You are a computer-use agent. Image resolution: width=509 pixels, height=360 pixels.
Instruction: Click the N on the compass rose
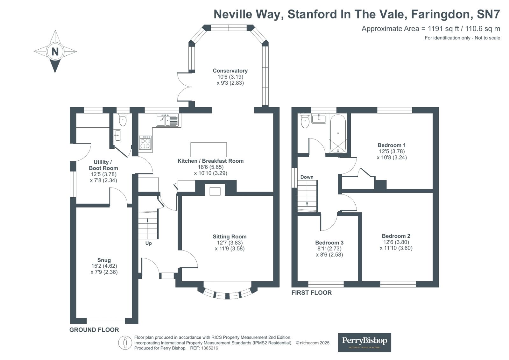click(55, 51)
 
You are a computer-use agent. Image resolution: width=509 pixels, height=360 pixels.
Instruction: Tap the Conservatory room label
click(230, 71)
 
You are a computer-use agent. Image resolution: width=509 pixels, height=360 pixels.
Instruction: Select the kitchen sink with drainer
click(168, 121)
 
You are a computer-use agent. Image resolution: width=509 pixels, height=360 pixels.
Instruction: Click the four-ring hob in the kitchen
click(145, 142)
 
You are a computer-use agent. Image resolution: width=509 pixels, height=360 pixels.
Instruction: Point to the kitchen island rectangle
click(209, 150)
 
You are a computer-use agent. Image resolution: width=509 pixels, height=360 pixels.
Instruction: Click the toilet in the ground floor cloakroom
click(123, 120)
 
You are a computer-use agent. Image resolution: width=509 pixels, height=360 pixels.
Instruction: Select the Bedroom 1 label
click(392, 145)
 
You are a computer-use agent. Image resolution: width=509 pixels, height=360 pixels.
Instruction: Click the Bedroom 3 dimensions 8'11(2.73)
click(329, 249)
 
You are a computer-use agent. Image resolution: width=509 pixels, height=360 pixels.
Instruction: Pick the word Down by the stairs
click(307, 177)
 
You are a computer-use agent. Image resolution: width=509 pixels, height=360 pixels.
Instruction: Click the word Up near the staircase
click(148, 243)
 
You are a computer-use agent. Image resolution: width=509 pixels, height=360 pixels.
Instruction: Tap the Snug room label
click(104, 260)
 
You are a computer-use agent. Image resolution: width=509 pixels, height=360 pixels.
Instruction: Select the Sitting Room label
click(230, 236)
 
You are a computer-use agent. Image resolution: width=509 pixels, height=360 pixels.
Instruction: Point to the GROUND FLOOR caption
click(94, 330)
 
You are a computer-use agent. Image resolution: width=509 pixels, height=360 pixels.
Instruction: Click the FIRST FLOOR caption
click(311, 293)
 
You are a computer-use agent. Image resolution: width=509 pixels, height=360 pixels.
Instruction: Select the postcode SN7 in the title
click(488, 14)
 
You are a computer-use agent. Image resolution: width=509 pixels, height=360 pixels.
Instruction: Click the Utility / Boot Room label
click(103, 165)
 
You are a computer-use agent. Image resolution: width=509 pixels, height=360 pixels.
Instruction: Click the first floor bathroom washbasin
click(319, 119)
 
